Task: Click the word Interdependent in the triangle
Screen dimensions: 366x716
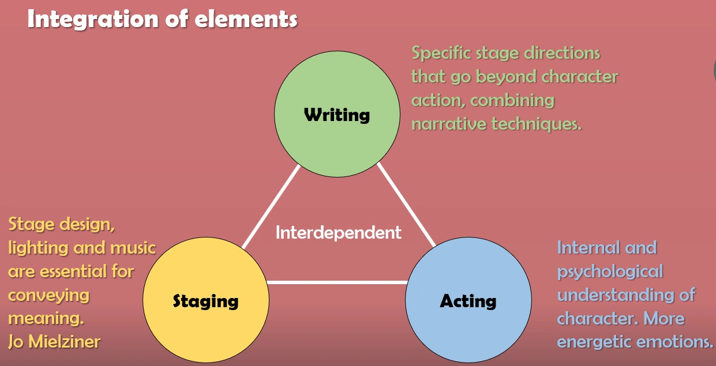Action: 338,233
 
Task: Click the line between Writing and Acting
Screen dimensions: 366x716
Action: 406,205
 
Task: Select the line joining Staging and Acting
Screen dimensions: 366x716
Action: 337,282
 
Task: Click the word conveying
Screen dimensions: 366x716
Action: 49,295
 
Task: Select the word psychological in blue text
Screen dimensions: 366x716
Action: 610,271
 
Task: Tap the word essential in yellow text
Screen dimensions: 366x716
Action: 72,271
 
